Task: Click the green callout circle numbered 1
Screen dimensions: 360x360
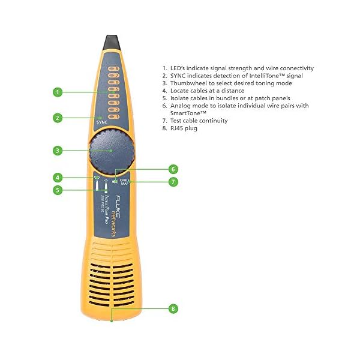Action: click(x=58, y=92)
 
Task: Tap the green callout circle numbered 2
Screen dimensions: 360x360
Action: click(x=58, y=118)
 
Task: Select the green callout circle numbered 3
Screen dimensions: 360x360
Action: click(x=58, y=151)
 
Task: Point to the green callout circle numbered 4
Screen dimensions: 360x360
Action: click(x=58, y=178)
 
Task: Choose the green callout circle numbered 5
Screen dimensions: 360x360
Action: click(x=58, y=190)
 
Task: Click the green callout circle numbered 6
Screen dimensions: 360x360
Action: click(x=173, y=169)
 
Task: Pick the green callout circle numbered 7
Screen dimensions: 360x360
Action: click(x=173, y=182)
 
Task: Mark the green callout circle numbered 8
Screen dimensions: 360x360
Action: click(x=173, y=308)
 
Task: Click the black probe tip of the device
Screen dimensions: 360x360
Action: click(x=111, y=42)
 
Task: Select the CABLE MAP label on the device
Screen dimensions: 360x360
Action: click(x=125, y=181)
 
